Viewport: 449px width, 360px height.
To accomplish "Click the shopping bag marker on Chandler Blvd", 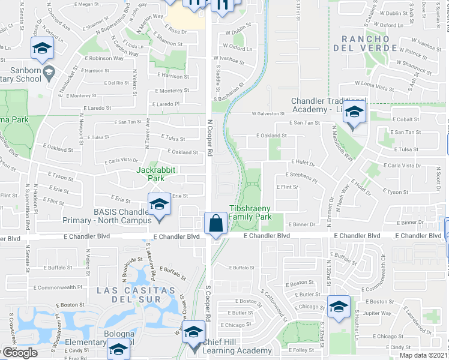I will pos(215,224).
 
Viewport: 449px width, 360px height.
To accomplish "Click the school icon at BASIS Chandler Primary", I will pos(159,205).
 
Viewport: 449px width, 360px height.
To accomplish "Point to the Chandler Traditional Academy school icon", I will pos(355,112).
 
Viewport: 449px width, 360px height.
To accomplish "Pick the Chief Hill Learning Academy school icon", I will pos(193,332).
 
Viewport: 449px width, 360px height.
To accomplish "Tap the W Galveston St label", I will pos(268,113).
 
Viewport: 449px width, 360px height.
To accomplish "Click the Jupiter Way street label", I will pos(378,313).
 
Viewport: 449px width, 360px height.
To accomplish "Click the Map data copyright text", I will pos(424,355).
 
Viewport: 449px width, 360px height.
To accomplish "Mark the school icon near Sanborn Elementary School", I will pos(42,48).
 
